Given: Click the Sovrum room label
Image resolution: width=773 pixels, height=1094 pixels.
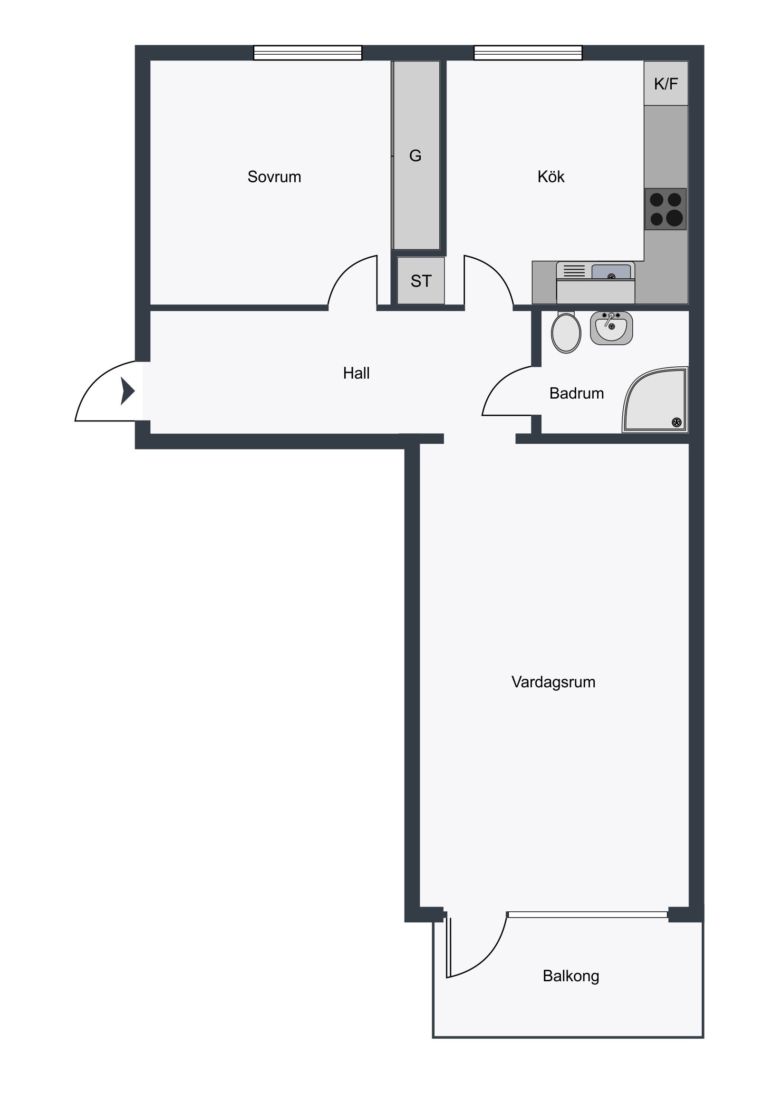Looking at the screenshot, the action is point(274,177).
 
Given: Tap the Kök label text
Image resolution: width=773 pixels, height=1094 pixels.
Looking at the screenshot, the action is point(551,177).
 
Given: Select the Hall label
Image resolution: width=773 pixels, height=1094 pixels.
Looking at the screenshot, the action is point(356,373).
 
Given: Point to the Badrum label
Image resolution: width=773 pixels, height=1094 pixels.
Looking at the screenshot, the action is point(576,393).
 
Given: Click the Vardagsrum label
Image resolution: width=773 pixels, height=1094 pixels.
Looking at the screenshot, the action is point(553,682).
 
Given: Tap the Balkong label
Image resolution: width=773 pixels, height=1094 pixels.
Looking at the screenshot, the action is point(570,976).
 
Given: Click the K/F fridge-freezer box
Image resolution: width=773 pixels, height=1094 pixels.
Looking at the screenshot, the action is point(666,83).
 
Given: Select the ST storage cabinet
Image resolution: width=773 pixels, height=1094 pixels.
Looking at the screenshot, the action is point(421,281).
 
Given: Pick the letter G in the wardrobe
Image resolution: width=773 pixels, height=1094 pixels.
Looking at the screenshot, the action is point(415,156).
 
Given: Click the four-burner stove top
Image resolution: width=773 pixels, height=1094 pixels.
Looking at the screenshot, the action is point(666,209).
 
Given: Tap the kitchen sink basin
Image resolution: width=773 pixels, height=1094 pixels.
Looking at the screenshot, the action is point(611,272).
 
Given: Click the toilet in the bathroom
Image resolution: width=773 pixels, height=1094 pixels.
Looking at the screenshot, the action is point(566,332).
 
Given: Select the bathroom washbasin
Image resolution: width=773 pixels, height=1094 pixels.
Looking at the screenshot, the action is point(611,328).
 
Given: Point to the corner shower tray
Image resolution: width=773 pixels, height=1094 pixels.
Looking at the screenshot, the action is point(656,400).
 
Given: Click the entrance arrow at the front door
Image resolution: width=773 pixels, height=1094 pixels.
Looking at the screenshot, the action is point(127,391).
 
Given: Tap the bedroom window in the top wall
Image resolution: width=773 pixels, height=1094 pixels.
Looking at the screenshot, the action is point(308,52).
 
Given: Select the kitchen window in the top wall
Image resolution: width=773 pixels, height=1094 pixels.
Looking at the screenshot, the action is point(528,52).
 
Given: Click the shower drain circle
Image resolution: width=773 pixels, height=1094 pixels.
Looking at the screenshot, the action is point(676,422).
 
